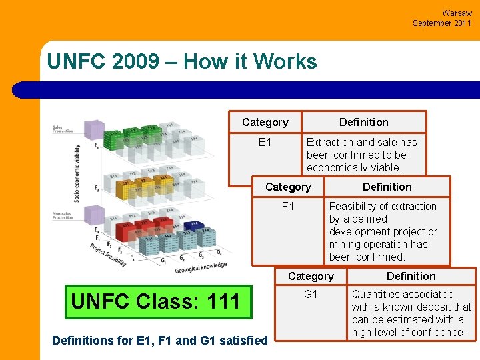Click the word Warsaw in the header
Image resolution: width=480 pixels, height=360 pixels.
point(457,13)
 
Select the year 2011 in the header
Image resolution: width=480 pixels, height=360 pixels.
point(461,23)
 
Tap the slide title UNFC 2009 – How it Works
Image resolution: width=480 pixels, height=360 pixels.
point(182,62)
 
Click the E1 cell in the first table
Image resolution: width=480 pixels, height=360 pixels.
point(265,142)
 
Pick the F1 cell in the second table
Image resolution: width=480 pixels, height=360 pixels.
point(288,206)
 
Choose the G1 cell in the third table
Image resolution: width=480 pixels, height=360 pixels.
point(311,294)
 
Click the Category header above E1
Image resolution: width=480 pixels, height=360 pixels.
point(265,122)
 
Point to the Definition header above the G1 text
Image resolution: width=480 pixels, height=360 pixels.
point(411,276)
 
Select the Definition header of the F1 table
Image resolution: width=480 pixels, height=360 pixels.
point(387,187)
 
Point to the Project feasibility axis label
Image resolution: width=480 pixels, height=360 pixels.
point(108,254)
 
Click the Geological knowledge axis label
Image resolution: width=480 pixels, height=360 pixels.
point(201,267)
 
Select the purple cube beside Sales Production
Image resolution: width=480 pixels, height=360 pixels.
point(94,130)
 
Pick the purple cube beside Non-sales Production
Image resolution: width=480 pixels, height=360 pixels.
point(94,215)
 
